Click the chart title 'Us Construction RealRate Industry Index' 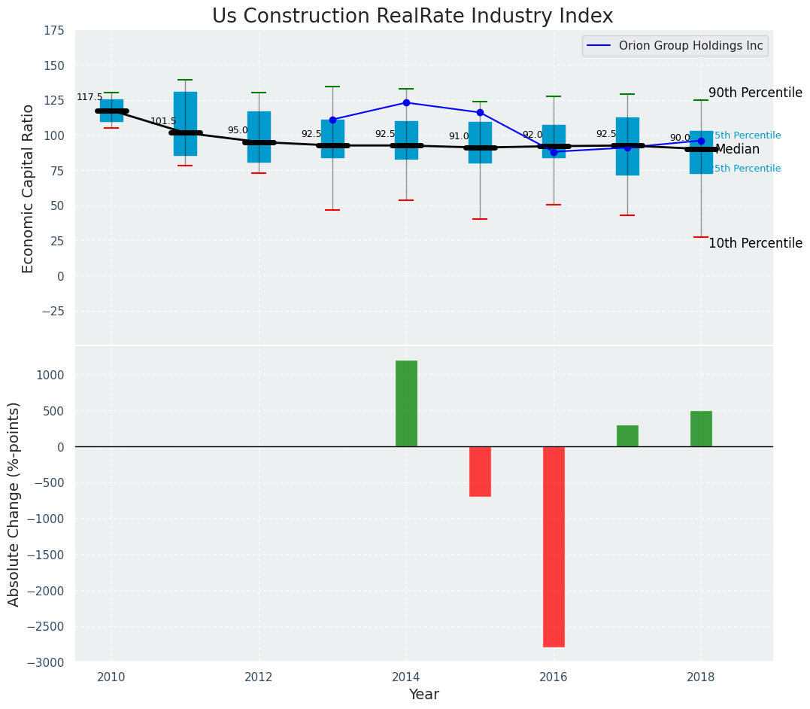[x=412, y=17]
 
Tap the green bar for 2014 [x=406, y=403]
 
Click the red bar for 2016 [x=554, y=546]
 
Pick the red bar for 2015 [x=480, y=471]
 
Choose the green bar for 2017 [x=627, y=436]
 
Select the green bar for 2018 [x=701, y=429]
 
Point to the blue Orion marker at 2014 [x=406, y=102]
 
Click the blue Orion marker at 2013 [x=332, y=120]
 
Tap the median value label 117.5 [x=89, y=98]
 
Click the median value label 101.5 [x=163, y=121]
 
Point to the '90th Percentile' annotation [x=755, y=93]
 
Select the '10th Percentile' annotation [x=755, y=244]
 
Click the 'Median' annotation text [x=737, y=150]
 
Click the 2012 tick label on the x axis [x=259, y=677]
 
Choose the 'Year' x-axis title [x=424, y=695]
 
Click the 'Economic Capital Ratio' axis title [x=29, y=188]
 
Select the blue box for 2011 [x=185, y=123]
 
